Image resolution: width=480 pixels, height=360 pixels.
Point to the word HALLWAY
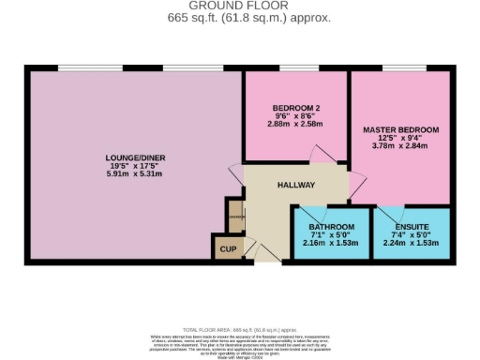click(x=295, y=185)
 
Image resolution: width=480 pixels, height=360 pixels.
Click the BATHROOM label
click(x=332, y=227)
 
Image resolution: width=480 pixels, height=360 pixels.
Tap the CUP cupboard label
click(x=228, y=249)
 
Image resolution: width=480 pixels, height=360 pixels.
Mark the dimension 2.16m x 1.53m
click(x=332, y=243)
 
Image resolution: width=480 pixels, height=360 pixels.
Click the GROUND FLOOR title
click(x=239, y=6)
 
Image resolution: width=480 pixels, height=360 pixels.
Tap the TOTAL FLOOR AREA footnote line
click(x=239, y=330)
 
